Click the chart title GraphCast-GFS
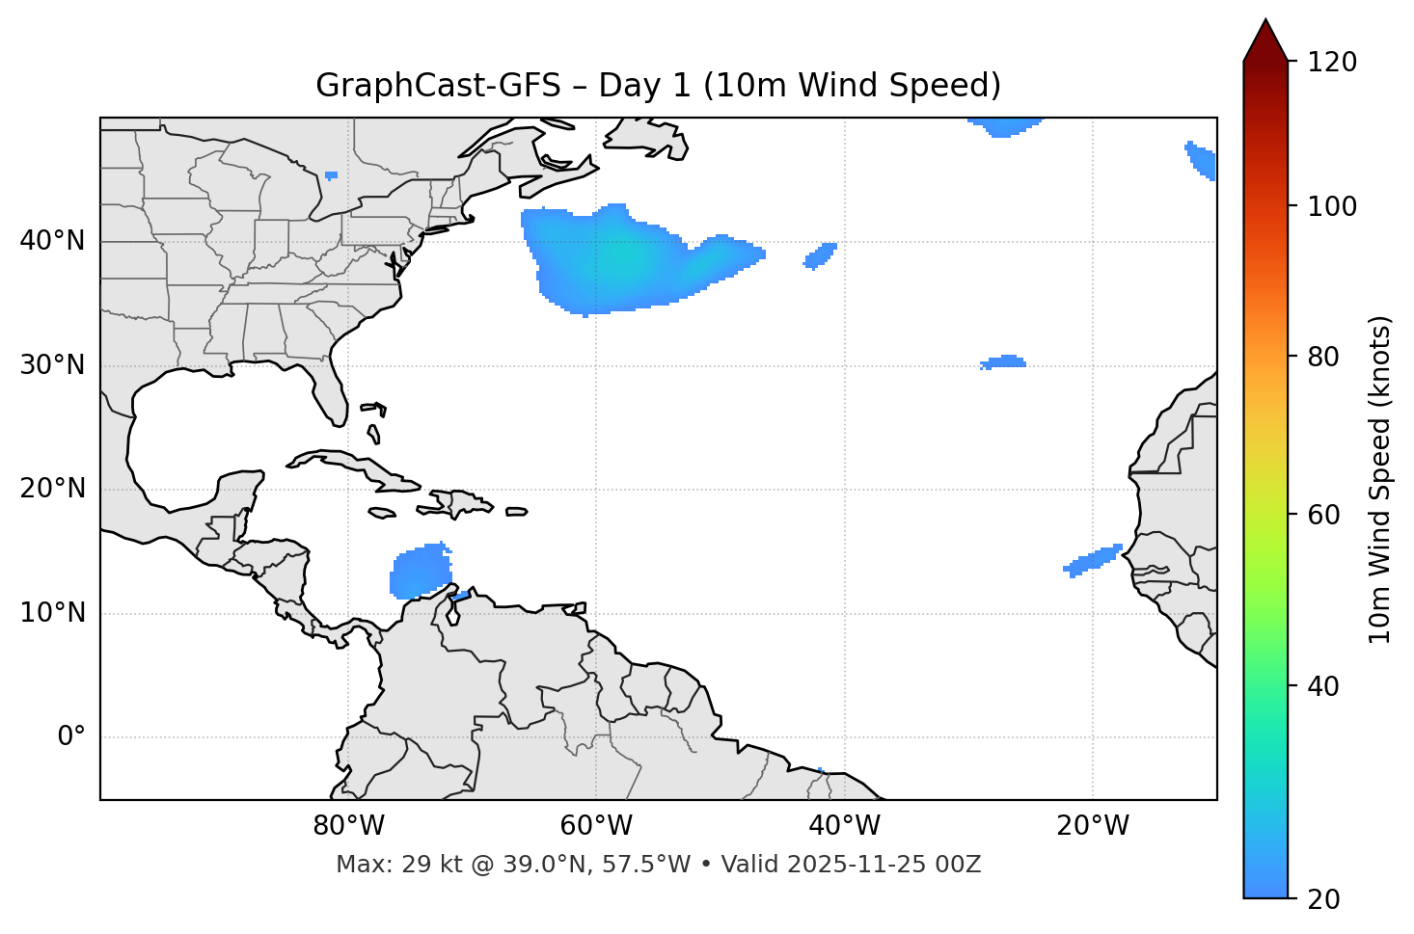coord(658,86)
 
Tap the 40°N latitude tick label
coord(52,241)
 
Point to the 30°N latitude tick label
coord(52,365)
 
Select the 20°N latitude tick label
coord(52,489)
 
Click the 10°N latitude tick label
coord(52,613)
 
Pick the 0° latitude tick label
coord(71,737)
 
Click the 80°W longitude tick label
coord(348,826)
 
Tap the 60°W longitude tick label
coord(596,826)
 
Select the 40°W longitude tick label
coord(845,826)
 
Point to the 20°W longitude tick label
coord(1093,826)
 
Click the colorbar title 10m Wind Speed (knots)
coord(1380,479)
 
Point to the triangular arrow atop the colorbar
coord(1265,40)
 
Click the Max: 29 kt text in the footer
coord(424,865)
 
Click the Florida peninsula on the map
coord(328,390)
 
